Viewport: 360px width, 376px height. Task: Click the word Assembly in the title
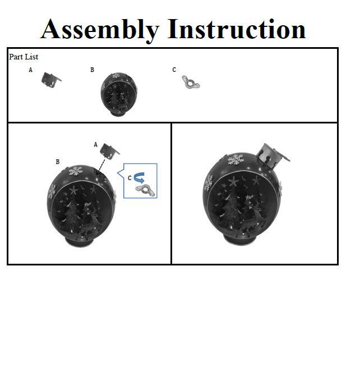click(x=100, y=30)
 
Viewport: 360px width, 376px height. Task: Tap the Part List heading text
click(x=24, y=57)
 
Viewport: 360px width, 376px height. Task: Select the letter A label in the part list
click(x=30, y=70)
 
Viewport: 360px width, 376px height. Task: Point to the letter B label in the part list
click(x=93, y=70)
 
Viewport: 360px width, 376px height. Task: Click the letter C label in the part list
click(x=174, y=70)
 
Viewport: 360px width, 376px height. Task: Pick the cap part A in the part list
click(x=51, y=79)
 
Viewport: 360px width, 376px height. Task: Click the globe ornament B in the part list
click(x=119, y=95)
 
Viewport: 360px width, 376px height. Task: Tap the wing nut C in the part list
click(x=191, y=82)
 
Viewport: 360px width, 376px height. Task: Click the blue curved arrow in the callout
click(x=139, y=178)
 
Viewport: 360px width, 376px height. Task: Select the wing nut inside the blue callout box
click(x=145, y=191)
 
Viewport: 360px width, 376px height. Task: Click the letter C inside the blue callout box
click(x=130, y=178)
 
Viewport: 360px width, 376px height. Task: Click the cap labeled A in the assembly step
click(x=110, y=151)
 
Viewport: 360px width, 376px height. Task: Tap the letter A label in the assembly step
click(x=96, y=144)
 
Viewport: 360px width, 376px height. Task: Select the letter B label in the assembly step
click(x=58, y=162)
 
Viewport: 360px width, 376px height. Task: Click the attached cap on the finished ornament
click(x=273, y=156)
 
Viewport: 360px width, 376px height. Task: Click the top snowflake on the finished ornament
click(x=236, y=159)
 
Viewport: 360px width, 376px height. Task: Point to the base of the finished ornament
click(x=241, y=239)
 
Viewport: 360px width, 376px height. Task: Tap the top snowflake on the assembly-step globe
click(x=76, y=171)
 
